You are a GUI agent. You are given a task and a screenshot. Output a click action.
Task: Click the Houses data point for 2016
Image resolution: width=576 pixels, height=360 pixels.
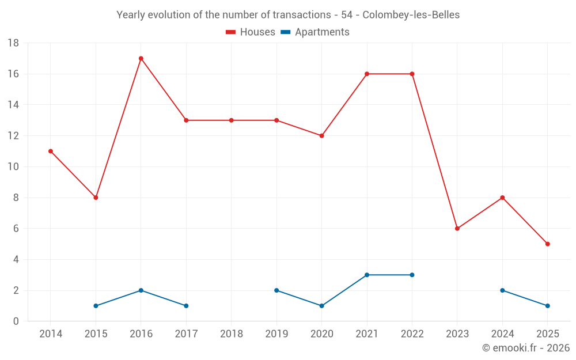pyautogui.click(x=141, y=58)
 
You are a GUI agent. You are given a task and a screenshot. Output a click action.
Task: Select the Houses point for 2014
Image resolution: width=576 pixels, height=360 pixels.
pyautogui.click(x=51, y=151)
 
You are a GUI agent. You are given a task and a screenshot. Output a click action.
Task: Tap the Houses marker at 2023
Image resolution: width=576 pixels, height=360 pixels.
pyautogui.click(x=457, y=229)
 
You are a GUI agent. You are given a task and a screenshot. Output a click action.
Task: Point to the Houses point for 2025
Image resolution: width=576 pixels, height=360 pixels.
pyautogui.click(x=547, y=244)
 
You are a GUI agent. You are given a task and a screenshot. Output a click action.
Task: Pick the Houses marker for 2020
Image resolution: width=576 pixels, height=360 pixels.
pyautogui.click(x=322, y=136)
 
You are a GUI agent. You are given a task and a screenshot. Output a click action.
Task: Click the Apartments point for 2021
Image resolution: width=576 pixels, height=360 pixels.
pyautogui.click(x=367, y=275)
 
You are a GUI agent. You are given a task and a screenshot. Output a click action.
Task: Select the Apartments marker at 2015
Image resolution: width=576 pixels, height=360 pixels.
pyautogui.click(x=96, y=306)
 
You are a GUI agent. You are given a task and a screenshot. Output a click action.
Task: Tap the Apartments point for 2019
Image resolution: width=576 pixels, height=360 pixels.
pyautogui.click(x=276, y=290)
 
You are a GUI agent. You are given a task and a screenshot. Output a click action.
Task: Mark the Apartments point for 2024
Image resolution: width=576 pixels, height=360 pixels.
pyautogui.click(x=502, y=290)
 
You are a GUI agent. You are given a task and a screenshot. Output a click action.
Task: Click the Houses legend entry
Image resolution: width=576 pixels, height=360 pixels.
pyautogui.click(x=251, y=32)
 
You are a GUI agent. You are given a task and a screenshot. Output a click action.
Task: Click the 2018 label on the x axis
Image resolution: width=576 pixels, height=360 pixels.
pyautogui.click(x=232, y=334)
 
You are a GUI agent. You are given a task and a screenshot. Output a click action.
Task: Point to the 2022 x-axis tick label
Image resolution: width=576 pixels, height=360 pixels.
pyautogui.click(x=412, y=334)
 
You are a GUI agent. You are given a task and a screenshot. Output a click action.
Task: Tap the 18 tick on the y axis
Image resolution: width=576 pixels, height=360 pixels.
pyautogui.click(x=13, y=43)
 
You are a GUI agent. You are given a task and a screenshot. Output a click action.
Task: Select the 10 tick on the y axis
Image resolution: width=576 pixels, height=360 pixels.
pyautogui.click(x=13, y=167)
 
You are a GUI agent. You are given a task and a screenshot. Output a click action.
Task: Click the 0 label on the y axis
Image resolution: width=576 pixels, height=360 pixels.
pyautogui.click(x=16, y=321)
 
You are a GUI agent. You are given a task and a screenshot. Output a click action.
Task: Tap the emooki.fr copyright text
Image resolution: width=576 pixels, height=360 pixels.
pyautogui.click(x=525, y=348)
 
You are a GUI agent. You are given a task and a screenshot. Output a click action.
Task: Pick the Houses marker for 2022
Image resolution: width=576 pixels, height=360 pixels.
pyautogui.click(x=412, y=74)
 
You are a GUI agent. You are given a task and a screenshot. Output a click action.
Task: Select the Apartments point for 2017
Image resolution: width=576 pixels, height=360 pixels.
pyautogui.click(x=186, y=306)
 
